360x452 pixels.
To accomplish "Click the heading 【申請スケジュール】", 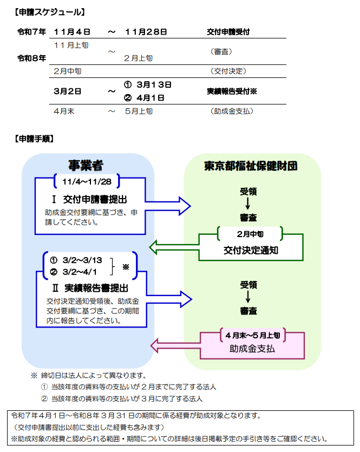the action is (x=50, y=12).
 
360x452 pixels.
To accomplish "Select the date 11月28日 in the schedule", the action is (x=146, y=32).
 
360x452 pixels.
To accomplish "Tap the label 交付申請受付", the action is (x=228, y=32).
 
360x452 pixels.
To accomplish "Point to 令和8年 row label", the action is (x=32, y=58).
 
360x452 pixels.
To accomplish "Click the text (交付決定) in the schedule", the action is (x=228, y=71).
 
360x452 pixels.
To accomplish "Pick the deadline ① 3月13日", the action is (x=148, y=85).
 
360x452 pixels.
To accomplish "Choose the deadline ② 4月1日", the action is (x=144, y=98).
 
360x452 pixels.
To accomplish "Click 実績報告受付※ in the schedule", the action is (x=232, y=91).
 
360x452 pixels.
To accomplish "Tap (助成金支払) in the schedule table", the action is (x=232, y=112).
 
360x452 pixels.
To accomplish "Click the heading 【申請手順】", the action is (x=34, y=139).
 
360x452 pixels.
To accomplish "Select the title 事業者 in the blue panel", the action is (x=86, y=166).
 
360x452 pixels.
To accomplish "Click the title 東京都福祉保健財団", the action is (x=251, y=166).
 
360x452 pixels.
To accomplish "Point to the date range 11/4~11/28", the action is (x=87, y=181).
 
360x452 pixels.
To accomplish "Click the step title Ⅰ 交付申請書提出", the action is (x=89, y=199).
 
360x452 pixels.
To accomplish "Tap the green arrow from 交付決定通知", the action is (x=174, y=247).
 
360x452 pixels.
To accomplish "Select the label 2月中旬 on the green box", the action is (x=250, y=234).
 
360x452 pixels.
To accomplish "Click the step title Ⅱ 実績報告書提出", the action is (x=90, y=288).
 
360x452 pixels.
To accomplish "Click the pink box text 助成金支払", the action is (x=252, y=349).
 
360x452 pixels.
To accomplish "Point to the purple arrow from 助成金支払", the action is (x=175, y=345).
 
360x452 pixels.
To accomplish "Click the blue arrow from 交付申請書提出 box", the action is (x=168, y=206).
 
